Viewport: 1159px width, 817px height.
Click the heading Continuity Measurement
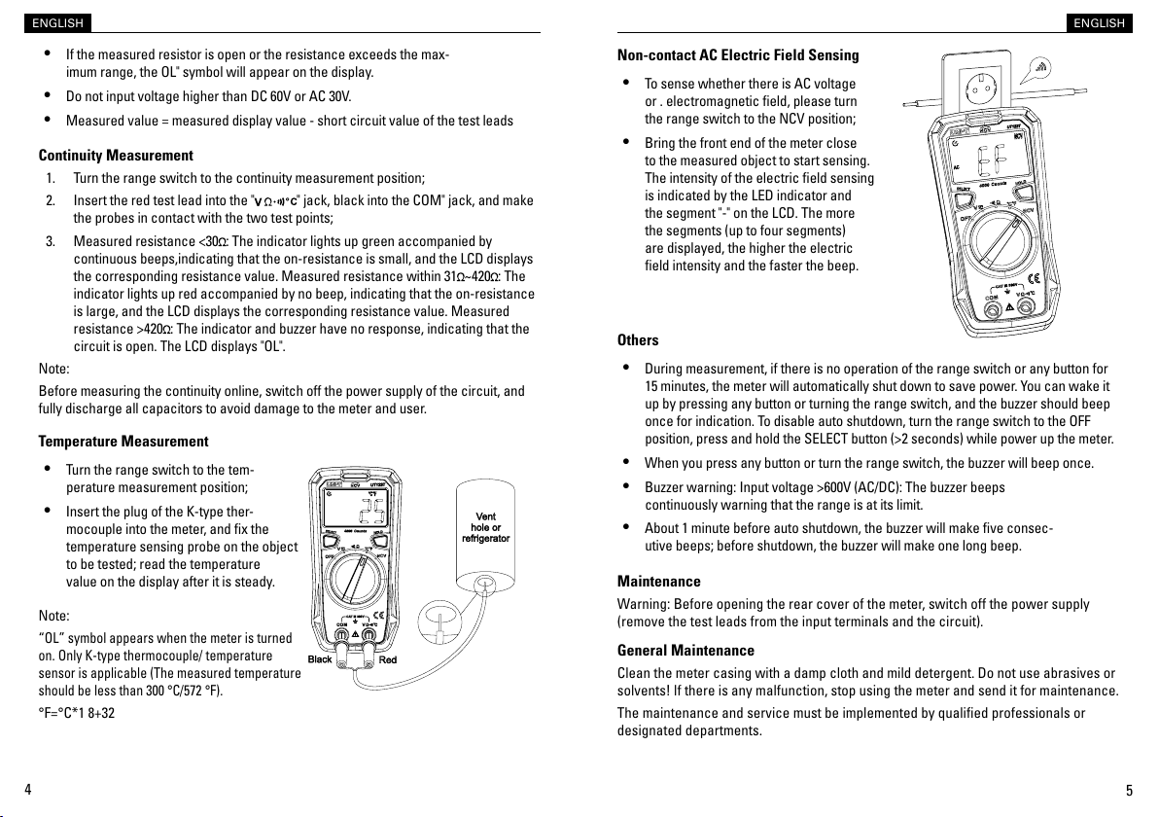pos(116,156)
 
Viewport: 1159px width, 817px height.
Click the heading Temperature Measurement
pos(123,442)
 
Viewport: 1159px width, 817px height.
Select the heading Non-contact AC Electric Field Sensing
pos(738,54)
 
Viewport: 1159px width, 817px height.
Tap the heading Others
pos(638,340)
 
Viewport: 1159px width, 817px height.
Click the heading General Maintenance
pos(685,650)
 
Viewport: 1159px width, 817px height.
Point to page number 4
pos(28,789)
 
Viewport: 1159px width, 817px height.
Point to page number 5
pos(1129,789)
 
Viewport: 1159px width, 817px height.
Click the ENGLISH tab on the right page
pos(1100,23)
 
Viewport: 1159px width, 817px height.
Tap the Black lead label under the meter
pos(319,659)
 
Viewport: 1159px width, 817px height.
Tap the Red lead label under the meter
pos(388,659)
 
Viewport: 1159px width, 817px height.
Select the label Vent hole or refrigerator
pos(485,527)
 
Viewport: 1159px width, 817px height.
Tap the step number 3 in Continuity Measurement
pos(50,241)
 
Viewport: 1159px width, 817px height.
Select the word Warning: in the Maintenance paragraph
pos(644,605)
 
